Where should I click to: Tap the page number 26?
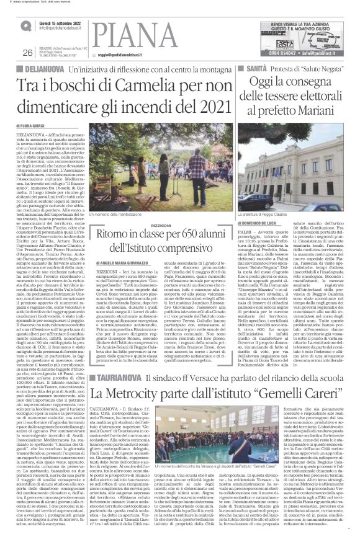[x=27, y=53]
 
